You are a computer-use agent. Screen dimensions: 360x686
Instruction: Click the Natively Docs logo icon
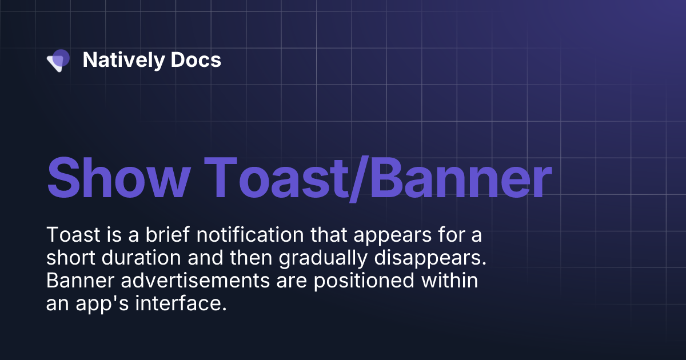tap(58, 60)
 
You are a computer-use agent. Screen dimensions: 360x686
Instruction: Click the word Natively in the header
tap(116, 60)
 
